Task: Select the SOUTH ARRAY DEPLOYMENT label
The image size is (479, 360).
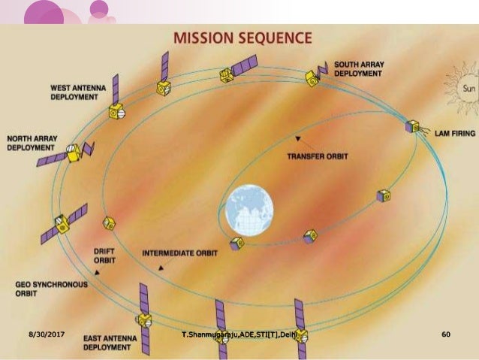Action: (359, 69)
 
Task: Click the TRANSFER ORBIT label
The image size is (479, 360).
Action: (318, 156)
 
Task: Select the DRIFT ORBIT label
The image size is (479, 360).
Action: (105, 256)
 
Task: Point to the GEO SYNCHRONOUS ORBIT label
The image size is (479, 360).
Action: (52, 289)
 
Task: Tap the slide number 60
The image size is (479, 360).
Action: (446, 331)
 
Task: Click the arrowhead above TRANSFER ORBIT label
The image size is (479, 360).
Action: (298, 140)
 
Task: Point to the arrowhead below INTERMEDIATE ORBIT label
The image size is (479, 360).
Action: (161, 268)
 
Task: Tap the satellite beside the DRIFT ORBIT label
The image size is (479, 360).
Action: (110, 222)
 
